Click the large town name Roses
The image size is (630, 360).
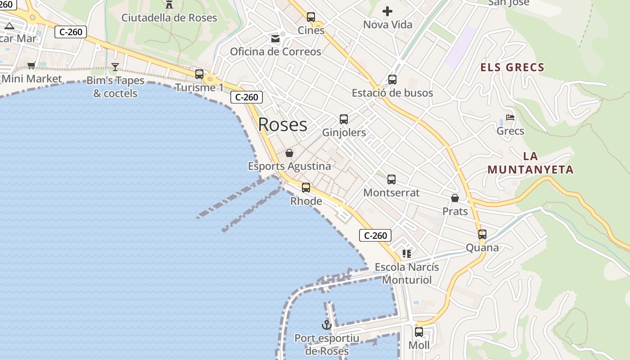283,125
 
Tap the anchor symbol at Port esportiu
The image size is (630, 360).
326,324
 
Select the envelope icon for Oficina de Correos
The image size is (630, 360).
275,39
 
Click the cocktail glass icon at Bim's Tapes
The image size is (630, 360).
115,67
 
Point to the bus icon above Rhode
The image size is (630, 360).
306,188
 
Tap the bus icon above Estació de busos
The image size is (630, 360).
392,80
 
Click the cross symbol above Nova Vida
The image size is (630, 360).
387,11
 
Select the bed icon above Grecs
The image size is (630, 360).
510,117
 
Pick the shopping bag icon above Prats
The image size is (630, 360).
455,198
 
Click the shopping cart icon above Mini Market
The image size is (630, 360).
31,66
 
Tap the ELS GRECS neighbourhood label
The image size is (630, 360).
513,67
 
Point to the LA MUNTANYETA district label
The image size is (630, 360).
531,163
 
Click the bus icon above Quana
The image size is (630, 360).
482,234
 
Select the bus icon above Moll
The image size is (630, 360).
419,332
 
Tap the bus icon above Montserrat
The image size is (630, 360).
391,180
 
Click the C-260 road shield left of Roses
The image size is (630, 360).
247,97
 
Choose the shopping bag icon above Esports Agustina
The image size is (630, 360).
289,153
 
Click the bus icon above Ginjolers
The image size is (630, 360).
344,119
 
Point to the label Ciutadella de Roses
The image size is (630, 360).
169,18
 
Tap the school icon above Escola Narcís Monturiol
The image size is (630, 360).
407,254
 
